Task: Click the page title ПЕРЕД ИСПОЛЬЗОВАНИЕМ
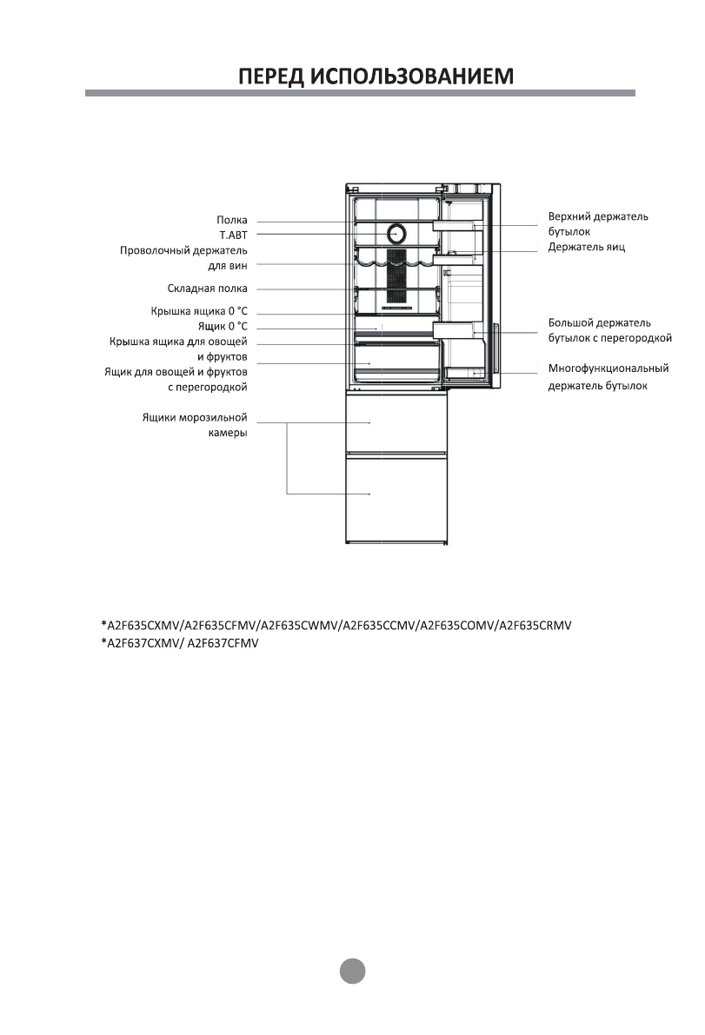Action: click(x=376, y=76)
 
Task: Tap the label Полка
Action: click(x=232, y=221)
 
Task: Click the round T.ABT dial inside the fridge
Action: click(x=396, y=234)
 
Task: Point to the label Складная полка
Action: click(x=207, y=289)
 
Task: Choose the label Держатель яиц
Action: click(x=587, y=248)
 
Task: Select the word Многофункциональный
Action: click(x=609, y=368)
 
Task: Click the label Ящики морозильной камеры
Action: click(x=196, y=425)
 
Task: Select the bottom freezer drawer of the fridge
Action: click(x=396, y=497)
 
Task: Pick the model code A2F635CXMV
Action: click(x=139, y=626)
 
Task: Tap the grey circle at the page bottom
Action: click(x=352, y=970)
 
